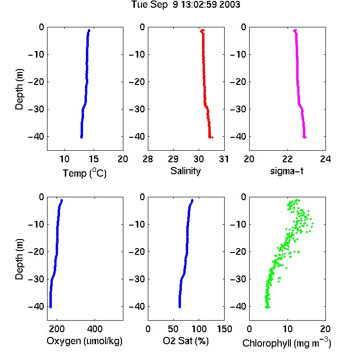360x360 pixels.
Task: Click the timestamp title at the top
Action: (x=186, y=5)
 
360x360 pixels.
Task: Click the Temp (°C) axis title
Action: (x=84, y=173)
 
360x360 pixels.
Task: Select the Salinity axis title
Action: (x=185, y=171)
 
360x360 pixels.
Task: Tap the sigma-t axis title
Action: (x=287, y=171)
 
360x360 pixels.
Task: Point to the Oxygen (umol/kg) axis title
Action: (x=84, y=341)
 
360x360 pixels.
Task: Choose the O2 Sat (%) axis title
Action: (x=186, y=341)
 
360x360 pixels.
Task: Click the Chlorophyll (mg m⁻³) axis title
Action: (x=287, y=343)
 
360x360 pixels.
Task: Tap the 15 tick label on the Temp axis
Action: (x=94, y=159)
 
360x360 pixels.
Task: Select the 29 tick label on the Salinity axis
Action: (x=173, y=159)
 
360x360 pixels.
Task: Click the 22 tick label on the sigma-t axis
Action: (x=288, y=159)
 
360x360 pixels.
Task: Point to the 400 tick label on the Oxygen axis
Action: (x=95, y=329)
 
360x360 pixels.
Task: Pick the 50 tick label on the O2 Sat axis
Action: (x=173, y=329)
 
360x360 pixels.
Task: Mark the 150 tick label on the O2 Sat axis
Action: (x=225, y=329)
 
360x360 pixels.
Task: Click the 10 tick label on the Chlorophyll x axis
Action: (x=288, y=329)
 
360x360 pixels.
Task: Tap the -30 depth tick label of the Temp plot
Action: (x=36, y=109)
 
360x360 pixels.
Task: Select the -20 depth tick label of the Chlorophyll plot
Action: (x=238, y=252)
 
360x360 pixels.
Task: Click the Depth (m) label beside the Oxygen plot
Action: (x=19, y=259)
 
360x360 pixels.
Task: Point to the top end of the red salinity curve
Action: (x=202, y=30)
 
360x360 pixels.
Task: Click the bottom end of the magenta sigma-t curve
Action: (x=305, y=137)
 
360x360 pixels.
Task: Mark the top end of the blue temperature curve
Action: (x=89, y=30)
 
